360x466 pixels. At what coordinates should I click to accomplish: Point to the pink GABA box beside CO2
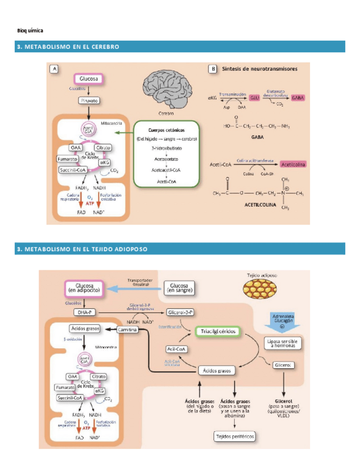coord(298,97)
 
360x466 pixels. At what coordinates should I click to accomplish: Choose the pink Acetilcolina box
coord(292,164)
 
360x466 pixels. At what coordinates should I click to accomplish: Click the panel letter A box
coord(54,69)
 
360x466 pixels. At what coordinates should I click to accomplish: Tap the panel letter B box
coord(212,69)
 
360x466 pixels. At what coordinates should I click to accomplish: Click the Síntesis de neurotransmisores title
coord(259,69)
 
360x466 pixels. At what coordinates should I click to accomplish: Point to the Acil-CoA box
coord(178,349)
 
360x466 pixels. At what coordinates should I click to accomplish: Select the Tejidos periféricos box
coord(235,436)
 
